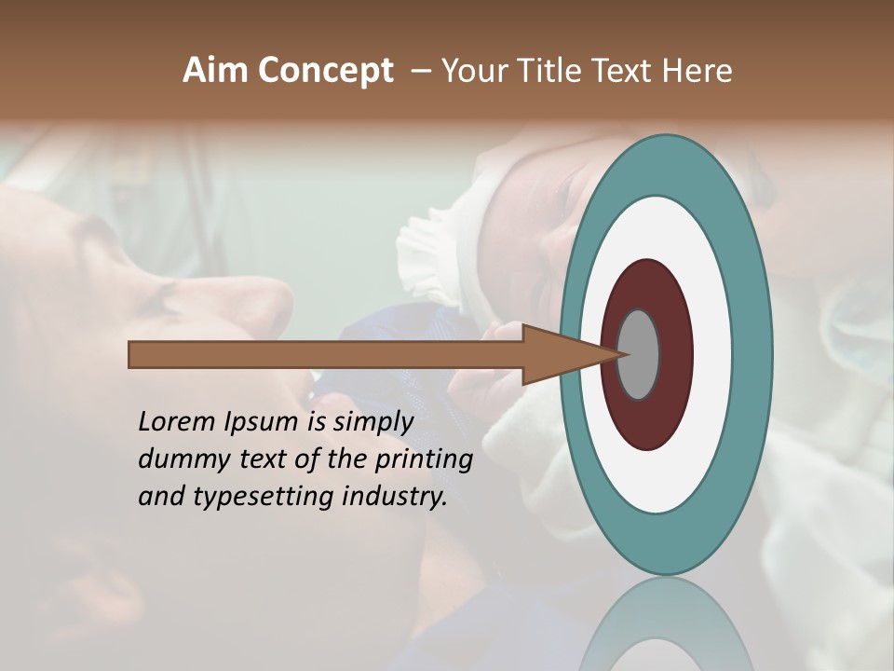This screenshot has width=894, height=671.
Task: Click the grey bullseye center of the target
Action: click(x=640, y=354)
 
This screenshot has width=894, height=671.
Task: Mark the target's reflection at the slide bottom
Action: click(x=666, y=624)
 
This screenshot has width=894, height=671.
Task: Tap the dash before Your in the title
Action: click(x=420, y=71)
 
